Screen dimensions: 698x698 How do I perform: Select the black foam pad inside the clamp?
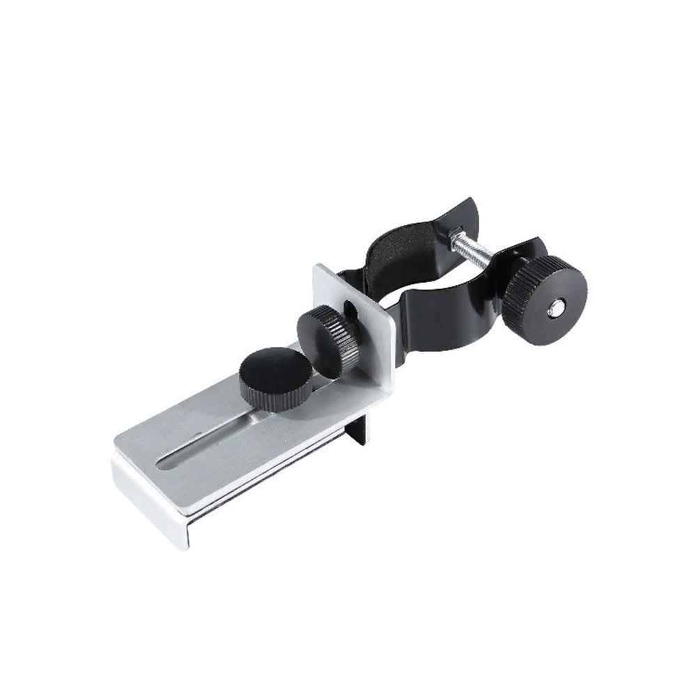(x=401, y=254)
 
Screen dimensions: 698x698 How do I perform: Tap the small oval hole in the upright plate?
(x=348, y=307)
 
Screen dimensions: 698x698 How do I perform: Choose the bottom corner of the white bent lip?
(x=183, y=546)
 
